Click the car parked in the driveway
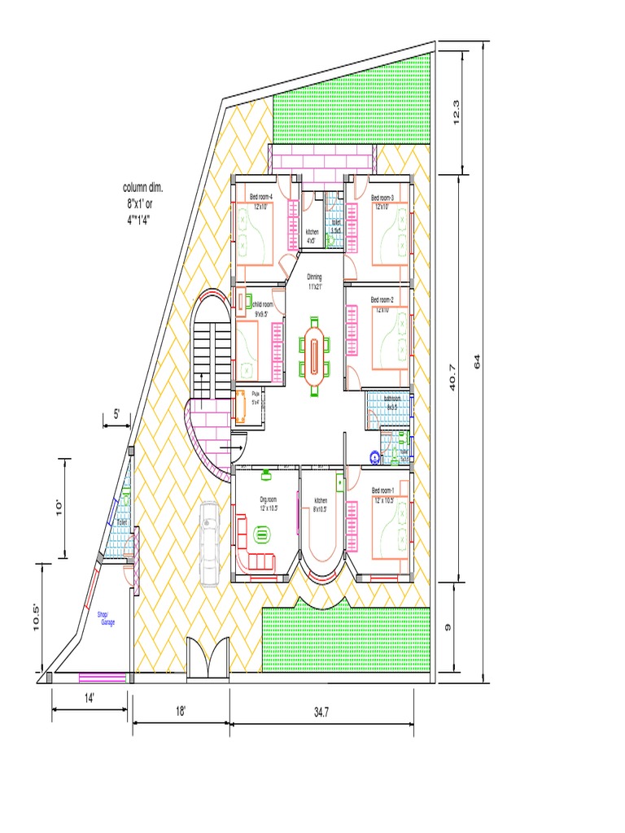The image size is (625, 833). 210,543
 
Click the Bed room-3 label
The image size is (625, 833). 382,198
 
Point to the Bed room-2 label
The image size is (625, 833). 382,300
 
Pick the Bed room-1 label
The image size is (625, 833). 382,491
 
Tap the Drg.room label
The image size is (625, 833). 269,499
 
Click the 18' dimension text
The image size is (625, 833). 180,711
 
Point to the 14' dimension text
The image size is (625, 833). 88,697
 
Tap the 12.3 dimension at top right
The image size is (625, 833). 457,111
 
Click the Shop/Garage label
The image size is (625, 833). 107,618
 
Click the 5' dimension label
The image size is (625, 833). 116,413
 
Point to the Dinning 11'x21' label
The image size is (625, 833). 315,281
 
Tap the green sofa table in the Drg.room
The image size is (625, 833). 262,534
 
